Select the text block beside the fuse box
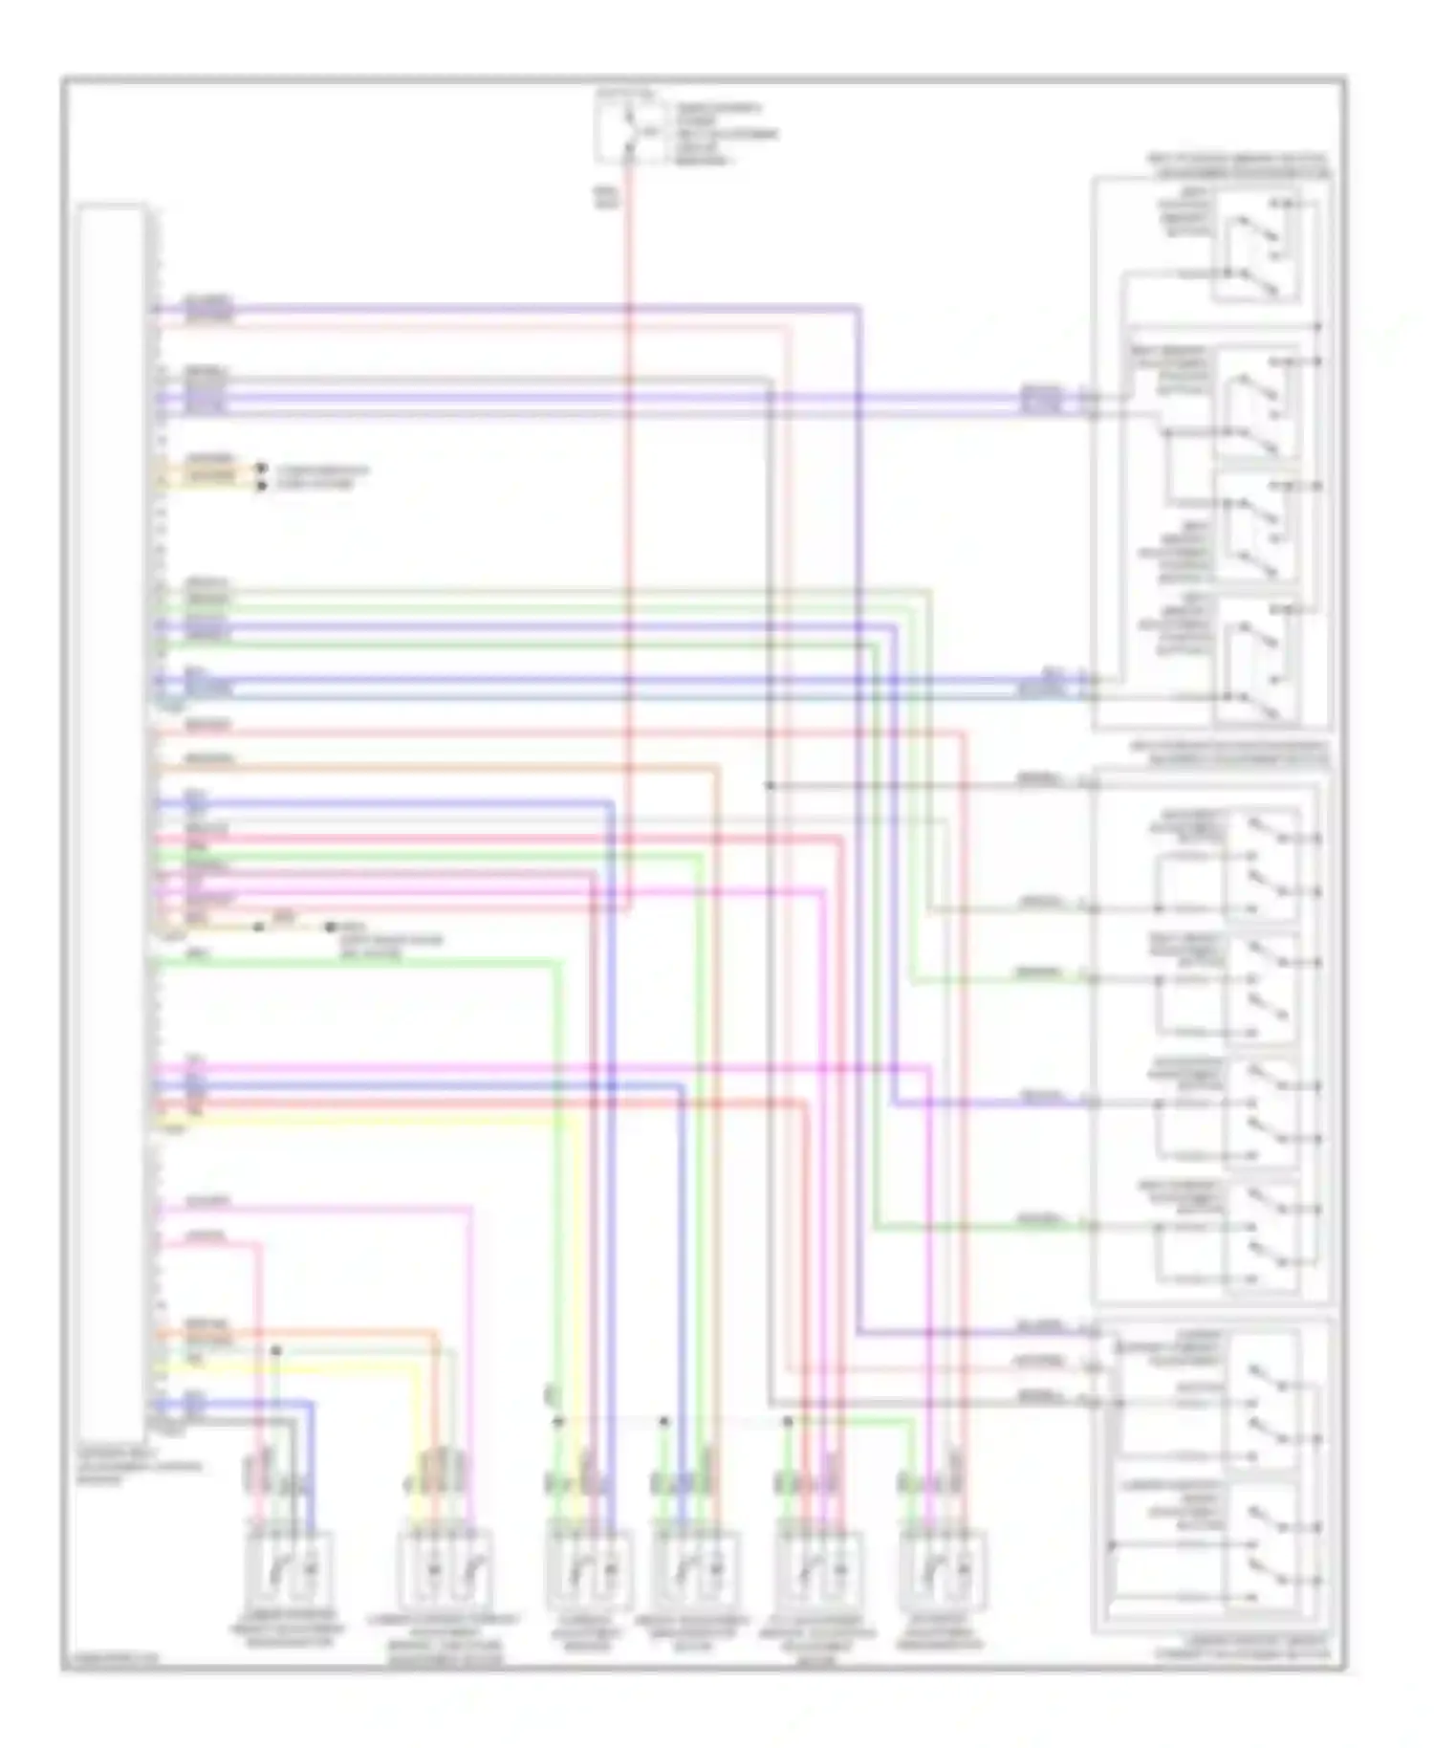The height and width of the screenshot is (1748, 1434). (725, 134)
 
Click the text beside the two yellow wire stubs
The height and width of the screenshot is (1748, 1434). (321, 477)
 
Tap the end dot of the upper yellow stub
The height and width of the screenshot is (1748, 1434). (261, 469)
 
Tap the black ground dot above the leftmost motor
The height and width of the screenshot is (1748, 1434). (276, 1350)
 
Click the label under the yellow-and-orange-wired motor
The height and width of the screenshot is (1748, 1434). (445, 1639)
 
